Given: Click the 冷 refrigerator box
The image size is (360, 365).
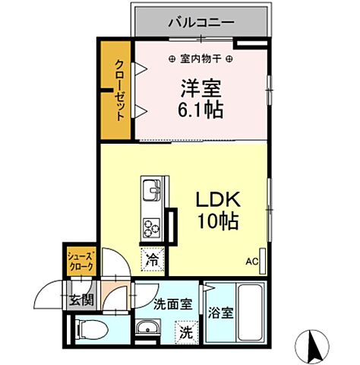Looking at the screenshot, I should (x=151, y=259).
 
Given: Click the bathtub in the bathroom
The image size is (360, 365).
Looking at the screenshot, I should (x=249, y=312).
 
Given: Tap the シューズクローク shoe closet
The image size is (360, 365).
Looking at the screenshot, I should (x=81, y=263).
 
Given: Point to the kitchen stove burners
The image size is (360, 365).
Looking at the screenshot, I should (x=150, y=226).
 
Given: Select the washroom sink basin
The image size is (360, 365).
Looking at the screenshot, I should (x=147, y=328).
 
